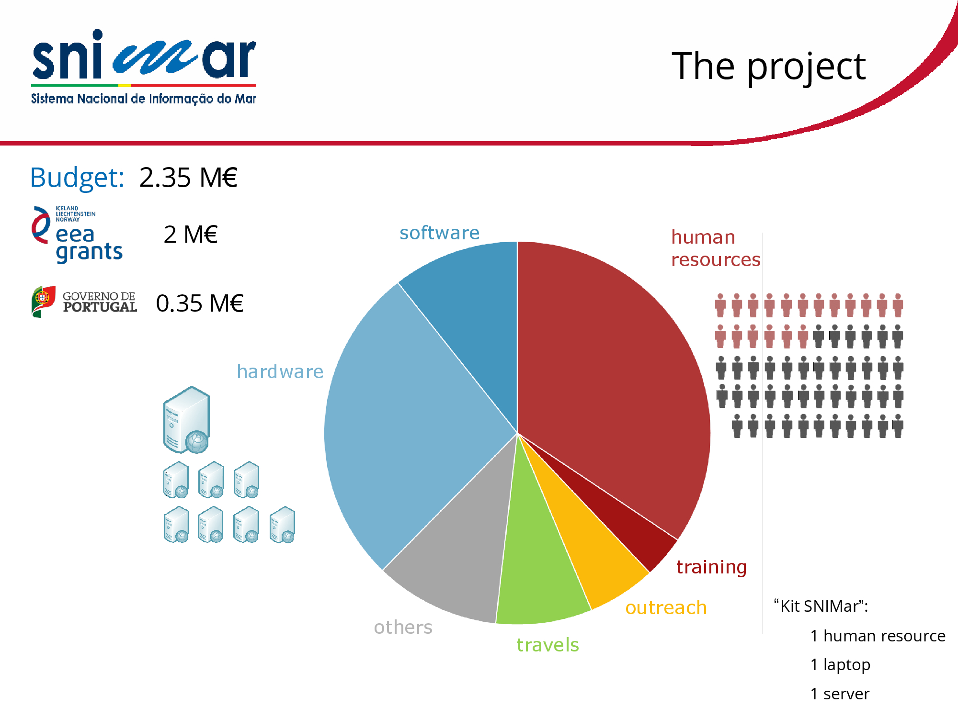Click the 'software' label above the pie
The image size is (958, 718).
[439, 233]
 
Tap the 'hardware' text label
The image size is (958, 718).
[280, 371]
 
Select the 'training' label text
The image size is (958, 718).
[711, 567]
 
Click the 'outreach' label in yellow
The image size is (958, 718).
[666, 608]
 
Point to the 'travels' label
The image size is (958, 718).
[547, 645]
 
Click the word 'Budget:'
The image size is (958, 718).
[77, 178]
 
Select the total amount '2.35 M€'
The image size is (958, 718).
[188, 178]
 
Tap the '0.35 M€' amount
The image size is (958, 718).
[200, 303]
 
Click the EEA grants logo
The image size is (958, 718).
[77, 235]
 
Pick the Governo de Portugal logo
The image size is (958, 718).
[84, 302]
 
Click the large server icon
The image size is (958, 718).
[186, 420]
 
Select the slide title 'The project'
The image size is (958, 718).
[769, 67]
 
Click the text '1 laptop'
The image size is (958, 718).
[840, 665]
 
